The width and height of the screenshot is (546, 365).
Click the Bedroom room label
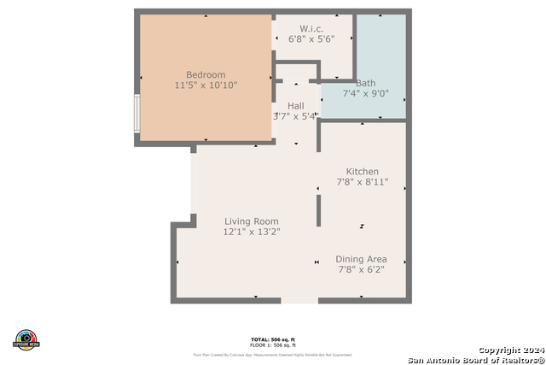pos(206,74)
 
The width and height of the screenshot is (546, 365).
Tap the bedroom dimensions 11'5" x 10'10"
pos(206,85)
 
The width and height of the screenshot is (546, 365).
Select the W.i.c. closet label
pos(311,27)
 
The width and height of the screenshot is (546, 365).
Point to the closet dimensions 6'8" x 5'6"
pos(311,38)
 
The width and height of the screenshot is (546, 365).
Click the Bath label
pos(365,83)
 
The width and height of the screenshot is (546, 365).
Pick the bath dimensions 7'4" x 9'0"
pos(365,94)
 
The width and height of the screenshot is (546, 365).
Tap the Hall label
pos(295,105)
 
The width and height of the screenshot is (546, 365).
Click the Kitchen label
pos(362,172)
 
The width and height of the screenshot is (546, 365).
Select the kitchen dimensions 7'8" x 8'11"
pos(362,183)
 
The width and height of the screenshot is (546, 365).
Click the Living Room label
pos(251,221)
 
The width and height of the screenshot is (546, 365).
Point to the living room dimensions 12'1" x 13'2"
pos(251,232)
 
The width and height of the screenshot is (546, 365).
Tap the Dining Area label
pos(362,259)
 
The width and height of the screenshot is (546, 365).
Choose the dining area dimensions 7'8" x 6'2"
pos(362,270)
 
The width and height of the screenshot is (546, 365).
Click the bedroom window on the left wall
pos(136,114)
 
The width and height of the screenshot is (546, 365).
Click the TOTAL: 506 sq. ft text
pos(272,339)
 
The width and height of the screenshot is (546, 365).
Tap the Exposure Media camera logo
pos(26,339)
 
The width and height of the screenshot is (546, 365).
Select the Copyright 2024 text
pos(509,350)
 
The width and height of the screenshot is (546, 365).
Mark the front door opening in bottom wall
pos(299,300)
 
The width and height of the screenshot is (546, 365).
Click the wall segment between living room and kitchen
pos(318,210)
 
